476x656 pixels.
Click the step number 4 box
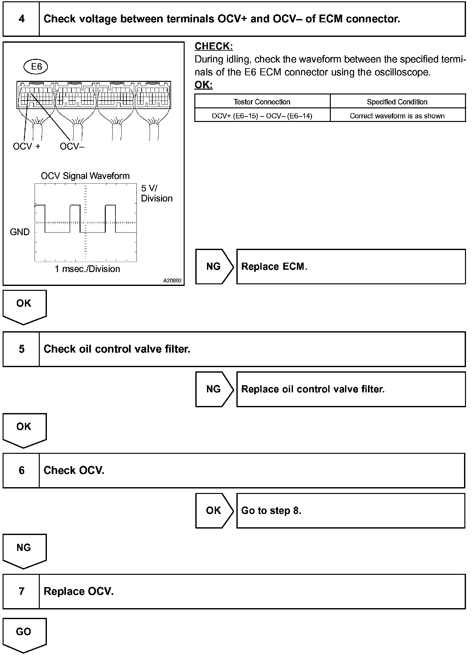(21, 19)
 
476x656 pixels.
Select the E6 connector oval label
(36, 67)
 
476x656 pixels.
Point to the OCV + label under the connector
(27, 147)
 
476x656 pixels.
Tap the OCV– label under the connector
(72, 147)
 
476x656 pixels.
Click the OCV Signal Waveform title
(85, 176)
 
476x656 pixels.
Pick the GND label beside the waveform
(20, 232)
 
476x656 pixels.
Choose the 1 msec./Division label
(87, 269)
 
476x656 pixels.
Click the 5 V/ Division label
(157, 193)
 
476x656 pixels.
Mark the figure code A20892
(172, 281)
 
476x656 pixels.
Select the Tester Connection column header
(262, 102)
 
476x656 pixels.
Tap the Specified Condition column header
(397, 102)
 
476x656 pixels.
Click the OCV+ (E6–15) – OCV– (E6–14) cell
(262, 116)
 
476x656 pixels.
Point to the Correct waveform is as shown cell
(397, 116)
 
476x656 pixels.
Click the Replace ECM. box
(351, 267)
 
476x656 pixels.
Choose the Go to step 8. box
(351, 510)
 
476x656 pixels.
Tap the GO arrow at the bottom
(24, 634)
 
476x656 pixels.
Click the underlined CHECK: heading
(213, 47)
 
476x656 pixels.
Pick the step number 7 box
(21, 591)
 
